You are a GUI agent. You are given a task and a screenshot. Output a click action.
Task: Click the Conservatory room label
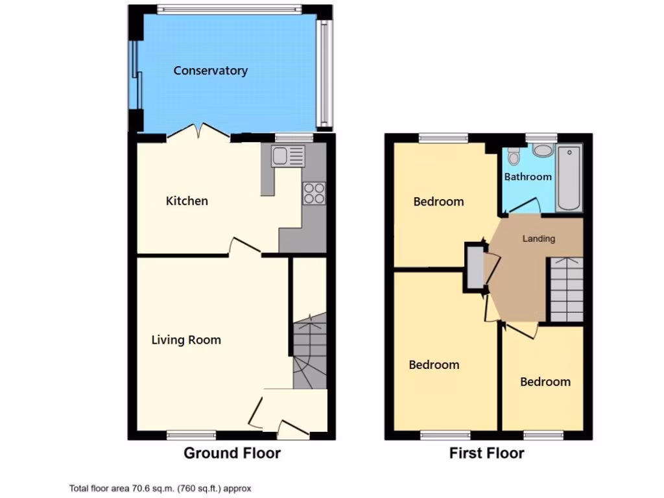coord(210,71)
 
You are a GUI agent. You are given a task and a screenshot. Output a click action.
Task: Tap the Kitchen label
coord(187,201)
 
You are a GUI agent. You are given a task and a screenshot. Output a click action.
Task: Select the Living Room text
coord(186,340)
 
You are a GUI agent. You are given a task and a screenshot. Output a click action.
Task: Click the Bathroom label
coord(528,176)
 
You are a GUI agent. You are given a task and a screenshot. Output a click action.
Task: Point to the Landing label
coord(539,239)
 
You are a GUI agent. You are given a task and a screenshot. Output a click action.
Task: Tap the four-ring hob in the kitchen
coord(314,193)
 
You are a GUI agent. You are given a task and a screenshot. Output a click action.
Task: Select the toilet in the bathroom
coord(514,156)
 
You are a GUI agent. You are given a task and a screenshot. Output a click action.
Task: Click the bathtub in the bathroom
coord(569,178)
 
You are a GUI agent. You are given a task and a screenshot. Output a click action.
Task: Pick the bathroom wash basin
coord(542,150)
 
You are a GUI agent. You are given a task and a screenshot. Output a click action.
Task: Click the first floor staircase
coord(566,289)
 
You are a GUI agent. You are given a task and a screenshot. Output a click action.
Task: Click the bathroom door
coord(523,206)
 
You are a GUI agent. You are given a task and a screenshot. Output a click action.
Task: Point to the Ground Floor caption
coord(232,453)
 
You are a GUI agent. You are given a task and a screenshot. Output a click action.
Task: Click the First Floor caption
coord(486,453)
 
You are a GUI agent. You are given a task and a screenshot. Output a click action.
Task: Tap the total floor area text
coord(160,488)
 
